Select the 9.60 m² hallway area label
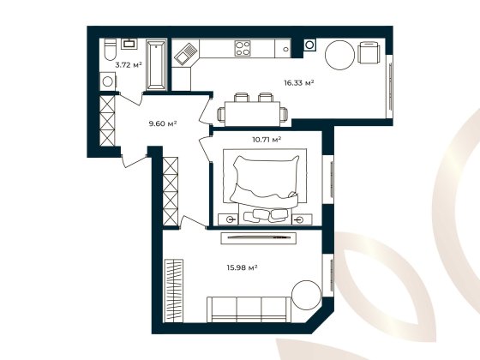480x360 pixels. [162, 124]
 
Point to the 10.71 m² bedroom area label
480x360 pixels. [267, 138]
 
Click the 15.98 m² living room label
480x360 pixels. [243, 267]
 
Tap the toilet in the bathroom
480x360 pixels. [109, 53]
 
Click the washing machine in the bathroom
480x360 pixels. [108, 81]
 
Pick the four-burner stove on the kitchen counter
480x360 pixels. [243, 48]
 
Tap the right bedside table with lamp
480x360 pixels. [298, 219]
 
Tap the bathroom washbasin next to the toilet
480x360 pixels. [129, 43]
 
